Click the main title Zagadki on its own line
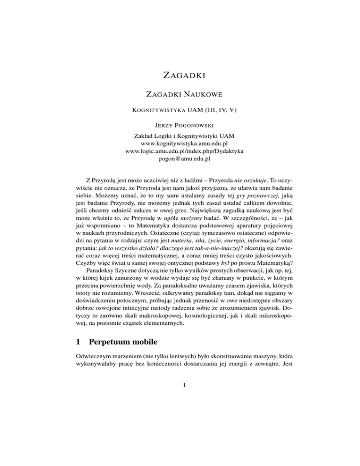pos(180,74)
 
